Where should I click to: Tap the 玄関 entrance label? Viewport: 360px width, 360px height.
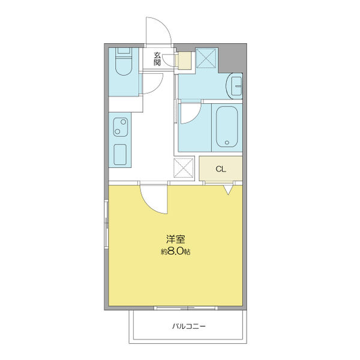157,59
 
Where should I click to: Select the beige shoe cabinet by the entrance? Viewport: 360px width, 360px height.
184,61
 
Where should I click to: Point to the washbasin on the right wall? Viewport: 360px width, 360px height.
235,87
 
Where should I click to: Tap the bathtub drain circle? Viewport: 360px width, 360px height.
227,143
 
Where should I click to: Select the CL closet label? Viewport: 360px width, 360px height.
221,169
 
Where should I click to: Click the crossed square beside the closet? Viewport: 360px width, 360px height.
184,168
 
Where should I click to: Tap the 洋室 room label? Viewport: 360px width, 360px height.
176,238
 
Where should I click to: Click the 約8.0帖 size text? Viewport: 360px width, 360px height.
176,251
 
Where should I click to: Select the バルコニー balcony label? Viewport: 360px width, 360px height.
189,327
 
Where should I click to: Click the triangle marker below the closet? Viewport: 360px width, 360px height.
227,190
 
